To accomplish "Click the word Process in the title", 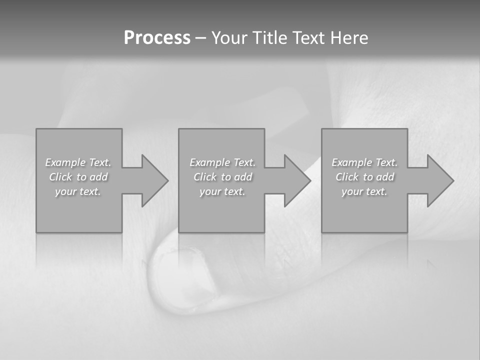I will point(157,38).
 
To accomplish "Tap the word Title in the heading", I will point(269,38).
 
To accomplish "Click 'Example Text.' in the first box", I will point(78,162).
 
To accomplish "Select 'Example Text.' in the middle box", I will point(222,162).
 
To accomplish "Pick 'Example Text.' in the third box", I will point(364,162).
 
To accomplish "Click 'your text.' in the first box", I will point(78,191).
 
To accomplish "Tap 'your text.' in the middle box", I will point(222,191).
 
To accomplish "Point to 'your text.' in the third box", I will point(364,191).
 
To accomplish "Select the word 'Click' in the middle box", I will point(205,177).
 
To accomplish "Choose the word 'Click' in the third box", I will point(347,177).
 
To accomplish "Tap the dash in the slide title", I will point(200,38).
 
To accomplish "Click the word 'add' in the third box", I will point(384,177).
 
